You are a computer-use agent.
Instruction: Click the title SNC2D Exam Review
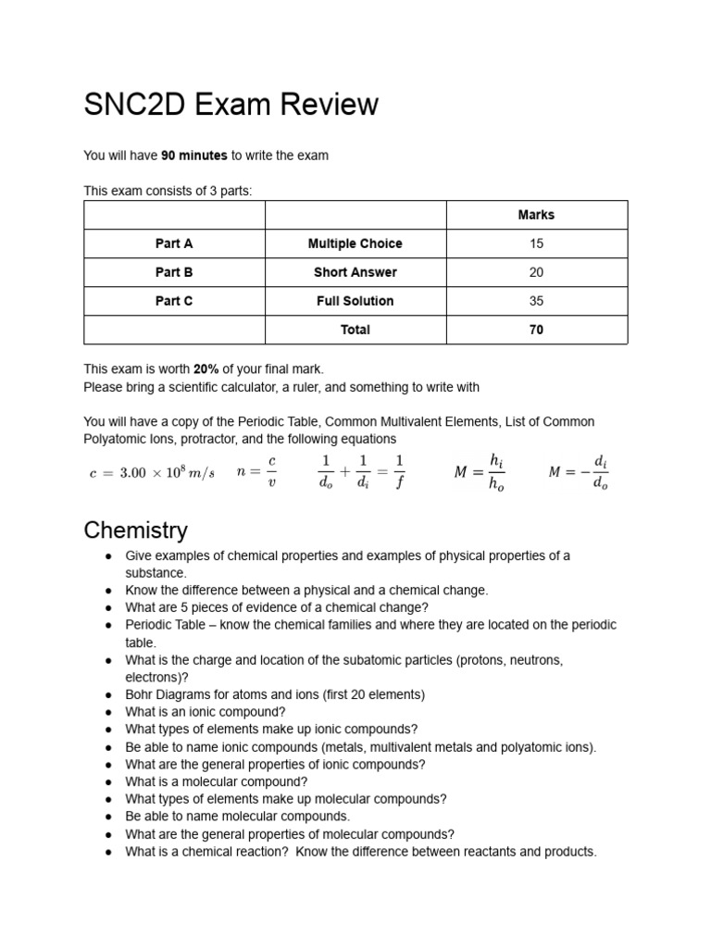tap(231, 105)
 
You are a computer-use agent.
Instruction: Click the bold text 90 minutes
tap(193, 156)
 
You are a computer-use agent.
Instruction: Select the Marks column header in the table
tap(536, 215)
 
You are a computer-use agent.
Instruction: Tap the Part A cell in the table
tap(174, 243)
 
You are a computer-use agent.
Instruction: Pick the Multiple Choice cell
tap(355, 243)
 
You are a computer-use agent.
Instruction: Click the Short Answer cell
tap(355, 272)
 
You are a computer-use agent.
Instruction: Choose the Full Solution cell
tap(355, 301)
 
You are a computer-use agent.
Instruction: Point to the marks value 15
tap(536, 243)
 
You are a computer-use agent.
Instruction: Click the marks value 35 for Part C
tap(536, 301)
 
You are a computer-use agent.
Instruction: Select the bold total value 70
tap(536, 330)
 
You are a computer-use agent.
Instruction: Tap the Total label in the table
tap(355, 330)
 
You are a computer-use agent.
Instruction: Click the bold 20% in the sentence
tap(206, 368)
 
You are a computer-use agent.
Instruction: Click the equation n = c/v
tap(256, 471)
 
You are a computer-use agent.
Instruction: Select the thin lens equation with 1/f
tap(361, 471)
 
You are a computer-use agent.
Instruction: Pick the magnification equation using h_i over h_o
tap(480, 472)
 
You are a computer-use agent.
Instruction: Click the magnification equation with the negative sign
tap(579, 472)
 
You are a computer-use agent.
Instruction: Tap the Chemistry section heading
tap(135, 530)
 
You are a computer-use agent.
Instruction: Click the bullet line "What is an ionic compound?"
tap(206, 712)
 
